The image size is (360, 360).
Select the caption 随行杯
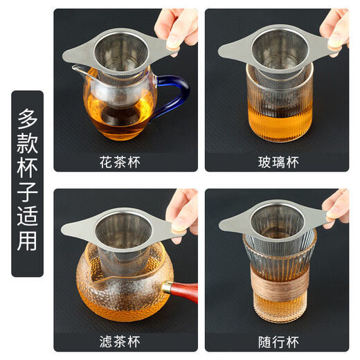click(277, 343)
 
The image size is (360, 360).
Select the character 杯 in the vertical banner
click(27, 179)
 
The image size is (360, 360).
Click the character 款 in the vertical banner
click(27, 147)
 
